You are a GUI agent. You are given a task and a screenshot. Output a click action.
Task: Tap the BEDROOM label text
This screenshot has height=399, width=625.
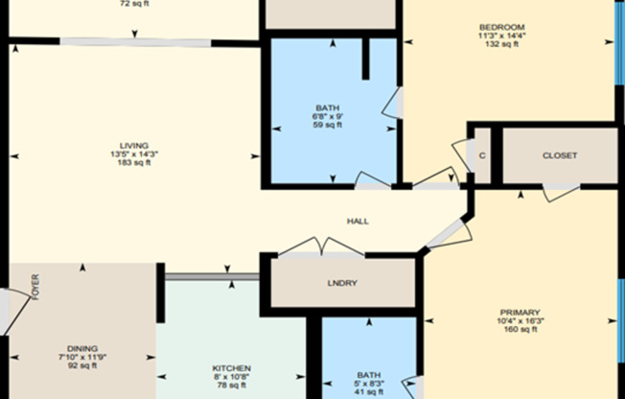pyautogui.click(x=502, y=26)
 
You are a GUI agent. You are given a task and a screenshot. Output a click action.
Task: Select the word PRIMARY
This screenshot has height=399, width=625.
pyautogui.click(x=520, y=313)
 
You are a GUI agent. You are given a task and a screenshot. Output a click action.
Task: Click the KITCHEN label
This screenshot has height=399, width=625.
pyautogui.click(x=231, y=368)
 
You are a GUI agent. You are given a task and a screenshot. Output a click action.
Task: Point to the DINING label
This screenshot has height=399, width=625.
pyautogui.click(x=82, y=348)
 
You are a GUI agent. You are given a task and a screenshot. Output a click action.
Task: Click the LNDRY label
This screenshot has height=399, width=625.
pyautogui.click(x=342, y=283)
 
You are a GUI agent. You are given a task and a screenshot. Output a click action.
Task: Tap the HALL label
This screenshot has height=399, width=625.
pyautogui.click(x=358, y=222)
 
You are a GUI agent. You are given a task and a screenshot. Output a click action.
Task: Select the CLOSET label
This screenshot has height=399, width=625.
pyautogui.click(x=560, y=155)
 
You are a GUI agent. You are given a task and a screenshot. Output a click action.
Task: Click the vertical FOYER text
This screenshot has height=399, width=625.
pyautogui.click(x=35, y=289)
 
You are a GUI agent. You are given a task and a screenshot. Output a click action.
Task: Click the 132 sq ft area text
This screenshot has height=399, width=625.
pyautogui.click(x=502, y=43)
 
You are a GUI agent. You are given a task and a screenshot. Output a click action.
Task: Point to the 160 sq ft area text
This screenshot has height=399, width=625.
pyautogui.click(x=520, y=330)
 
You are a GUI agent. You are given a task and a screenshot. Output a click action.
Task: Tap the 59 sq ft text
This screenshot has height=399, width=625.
pyautogui.click(x=327, y=125)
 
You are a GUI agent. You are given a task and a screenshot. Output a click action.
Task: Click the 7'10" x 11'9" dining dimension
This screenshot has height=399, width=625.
pyautogui.click(x=82, y=357)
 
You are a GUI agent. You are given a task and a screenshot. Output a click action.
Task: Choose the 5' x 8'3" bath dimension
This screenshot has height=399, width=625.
pyautogui.click(x=369, y=384)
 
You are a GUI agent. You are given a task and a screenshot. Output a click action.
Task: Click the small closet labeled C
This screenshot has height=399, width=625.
pyautogui.click(x=481, y=155)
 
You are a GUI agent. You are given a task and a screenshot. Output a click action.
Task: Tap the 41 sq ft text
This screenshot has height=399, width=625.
pyautogui.click(x=369, y=392)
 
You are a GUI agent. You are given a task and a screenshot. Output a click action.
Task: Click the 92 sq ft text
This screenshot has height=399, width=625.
pyautogui.click(x=82, y=365)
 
